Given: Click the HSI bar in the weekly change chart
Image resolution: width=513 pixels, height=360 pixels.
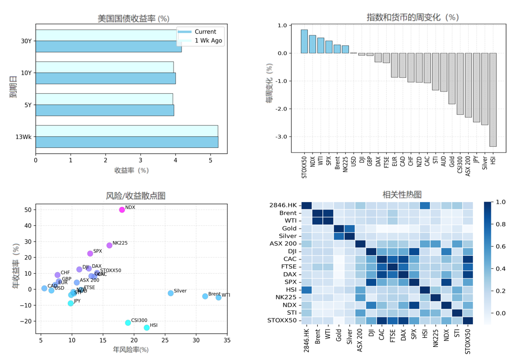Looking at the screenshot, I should (493, 99).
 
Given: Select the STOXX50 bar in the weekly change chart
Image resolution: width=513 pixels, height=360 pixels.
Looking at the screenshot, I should (304, 42).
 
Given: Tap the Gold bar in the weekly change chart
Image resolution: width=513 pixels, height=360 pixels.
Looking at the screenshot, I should (452, 78).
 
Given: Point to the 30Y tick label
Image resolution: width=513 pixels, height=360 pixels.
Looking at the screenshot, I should (25, 41).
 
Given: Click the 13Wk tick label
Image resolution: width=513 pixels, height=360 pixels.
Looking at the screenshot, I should (24, 137).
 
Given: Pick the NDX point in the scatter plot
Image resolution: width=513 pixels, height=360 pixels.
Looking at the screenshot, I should (122, 210).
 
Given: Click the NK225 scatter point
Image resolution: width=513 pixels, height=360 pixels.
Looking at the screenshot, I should (109, 245).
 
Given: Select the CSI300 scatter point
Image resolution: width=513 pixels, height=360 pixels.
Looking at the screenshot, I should (128, 323).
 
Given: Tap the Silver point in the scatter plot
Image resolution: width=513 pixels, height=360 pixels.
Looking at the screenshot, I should (170, 293).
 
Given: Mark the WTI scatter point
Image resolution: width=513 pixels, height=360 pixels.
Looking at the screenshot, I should (219, 298).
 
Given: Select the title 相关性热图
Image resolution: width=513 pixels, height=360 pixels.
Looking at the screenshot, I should (395, 195).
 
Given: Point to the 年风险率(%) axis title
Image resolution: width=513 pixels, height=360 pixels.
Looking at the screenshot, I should (131, 349).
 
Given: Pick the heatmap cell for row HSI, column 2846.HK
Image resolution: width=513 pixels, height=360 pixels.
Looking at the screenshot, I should (306, 290).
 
